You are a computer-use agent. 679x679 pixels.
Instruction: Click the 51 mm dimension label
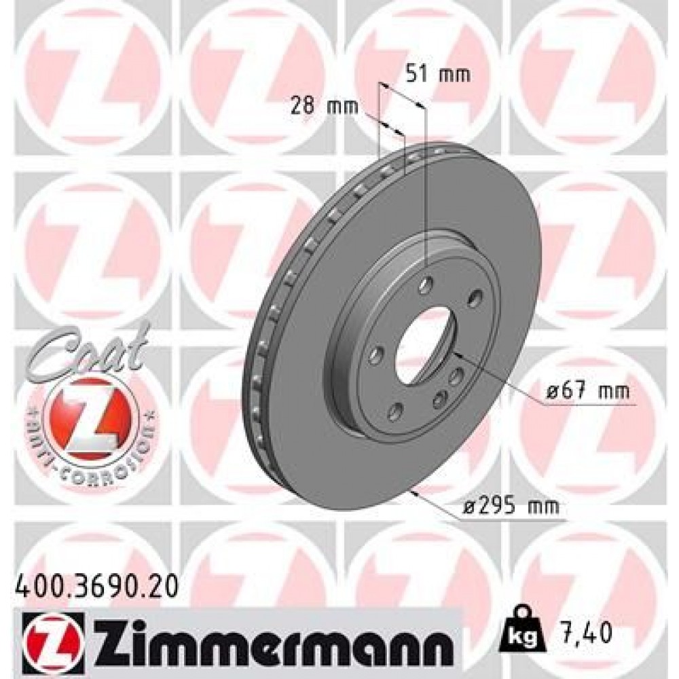coord(437,74)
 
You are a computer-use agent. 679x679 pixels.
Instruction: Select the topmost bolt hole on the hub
coord(425,284)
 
